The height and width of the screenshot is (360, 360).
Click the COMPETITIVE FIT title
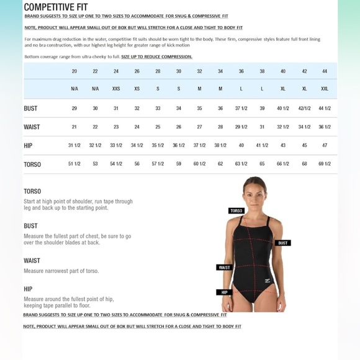point(55,7)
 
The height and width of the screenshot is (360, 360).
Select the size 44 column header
point(325,71)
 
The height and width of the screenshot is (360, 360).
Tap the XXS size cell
point(116,89)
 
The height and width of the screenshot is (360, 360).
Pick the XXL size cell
point(325,89)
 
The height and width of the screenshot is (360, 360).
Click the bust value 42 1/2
point(304,108)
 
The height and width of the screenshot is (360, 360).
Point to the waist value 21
point(74,127)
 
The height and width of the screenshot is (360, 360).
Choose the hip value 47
point(325,145)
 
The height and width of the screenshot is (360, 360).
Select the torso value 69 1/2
point(325,164)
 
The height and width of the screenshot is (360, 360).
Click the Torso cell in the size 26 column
point(137,164)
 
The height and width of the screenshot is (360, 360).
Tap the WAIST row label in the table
point(32,127)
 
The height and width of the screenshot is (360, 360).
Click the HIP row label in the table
point(28,145)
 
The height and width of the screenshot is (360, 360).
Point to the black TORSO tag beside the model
point(236,211)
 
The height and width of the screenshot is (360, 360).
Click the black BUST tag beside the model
point(283,243)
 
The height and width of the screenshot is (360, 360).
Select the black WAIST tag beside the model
point(224,268)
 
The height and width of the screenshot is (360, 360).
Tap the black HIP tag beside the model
point(224,292)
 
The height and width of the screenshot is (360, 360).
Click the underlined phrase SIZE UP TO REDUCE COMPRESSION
point(156,56)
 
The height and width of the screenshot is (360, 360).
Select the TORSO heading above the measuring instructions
point(32,191)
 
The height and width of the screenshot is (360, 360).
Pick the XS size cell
point(137,89)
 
